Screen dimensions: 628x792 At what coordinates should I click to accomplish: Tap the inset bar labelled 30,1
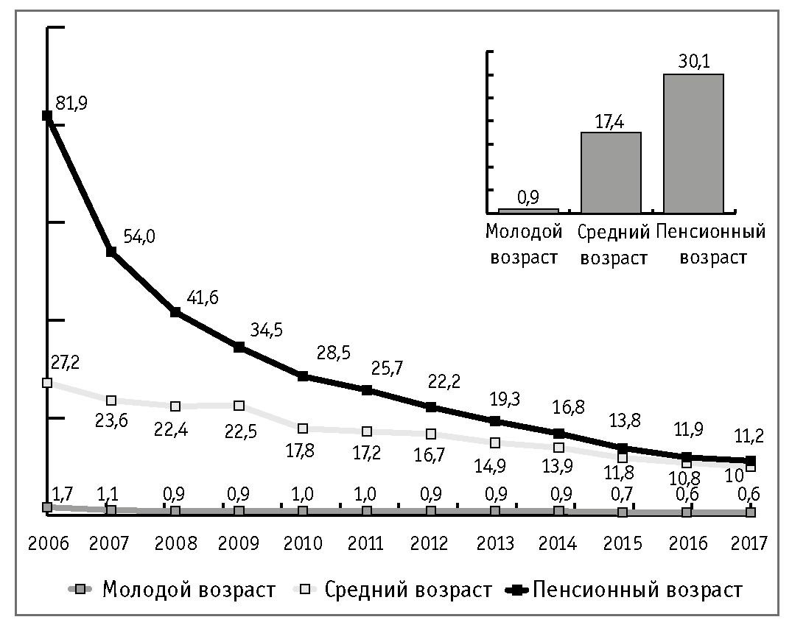coord(693,143)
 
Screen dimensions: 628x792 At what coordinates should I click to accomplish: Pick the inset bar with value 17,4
coord(611,172)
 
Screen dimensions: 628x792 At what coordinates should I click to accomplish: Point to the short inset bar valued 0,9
coord(528,211)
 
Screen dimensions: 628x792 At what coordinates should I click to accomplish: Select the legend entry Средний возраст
coord(407,590)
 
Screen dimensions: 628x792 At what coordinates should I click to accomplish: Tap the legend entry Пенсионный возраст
coord(637,590)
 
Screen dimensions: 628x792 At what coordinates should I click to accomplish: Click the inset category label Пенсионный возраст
coord(711,245)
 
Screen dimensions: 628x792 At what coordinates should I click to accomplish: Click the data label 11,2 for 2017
coord(748,437)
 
